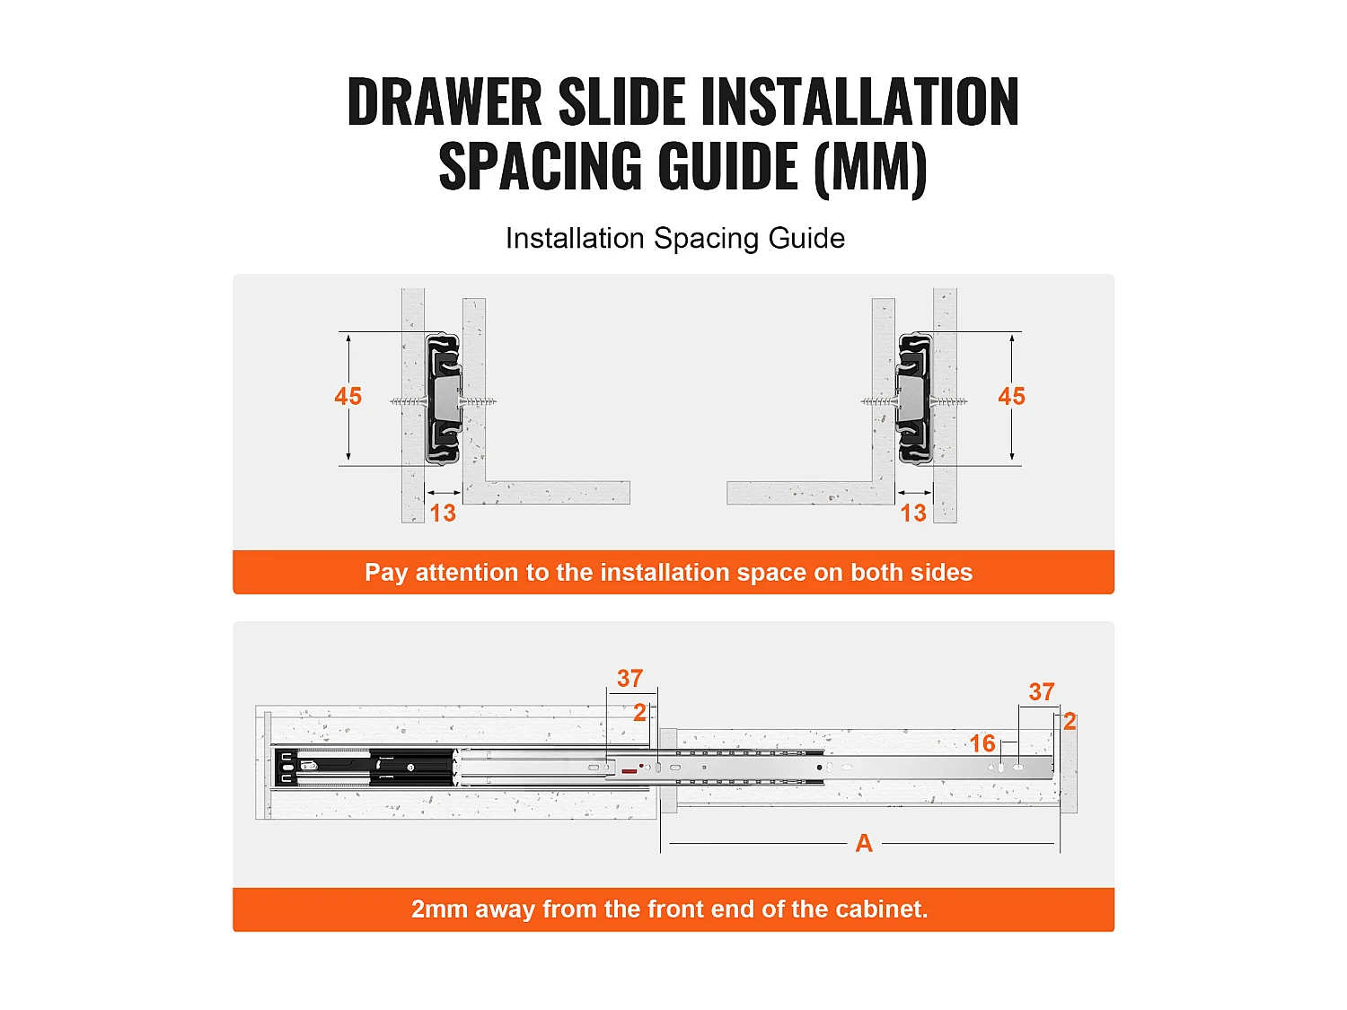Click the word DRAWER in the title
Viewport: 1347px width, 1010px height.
pyautogui.click(x=445, y=101)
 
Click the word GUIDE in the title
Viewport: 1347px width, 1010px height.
pyautogui.click(x=728, y=165)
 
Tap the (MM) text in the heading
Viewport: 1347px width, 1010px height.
pyautogui.click(x=870, y=168)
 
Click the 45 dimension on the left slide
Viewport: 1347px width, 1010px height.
pyautogui.click(x=348, y=396)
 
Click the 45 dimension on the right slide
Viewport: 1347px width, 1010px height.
pyautogui.click(x=1011, y=396)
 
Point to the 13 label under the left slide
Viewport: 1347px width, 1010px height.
pyautogui.click(x=443, y=513)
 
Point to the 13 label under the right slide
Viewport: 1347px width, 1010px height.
pyautogui.click(x=913, y=513)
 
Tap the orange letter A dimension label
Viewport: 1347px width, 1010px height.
pyautogui.click(x=864, y=843)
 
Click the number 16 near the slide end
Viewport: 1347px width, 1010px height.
pyautogui.click(x=982, y=743)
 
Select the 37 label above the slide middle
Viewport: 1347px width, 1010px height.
pyautogui.click(x=630, y=678)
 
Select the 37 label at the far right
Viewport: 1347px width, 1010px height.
pyautogui.click(x=1042, y=691)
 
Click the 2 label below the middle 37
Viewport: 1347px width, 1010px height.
pyautogui.click(x=639, y=713)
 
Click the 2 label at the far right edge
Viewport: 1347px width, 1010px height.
pyautogui.click(x=1070, y=721)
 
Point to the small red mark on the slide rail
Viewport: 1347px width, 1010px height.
pyautogui.click(x=629, y=771)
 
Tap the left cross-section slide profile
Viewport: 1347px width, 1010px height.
pyautogui.click(x=443, y=400)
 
